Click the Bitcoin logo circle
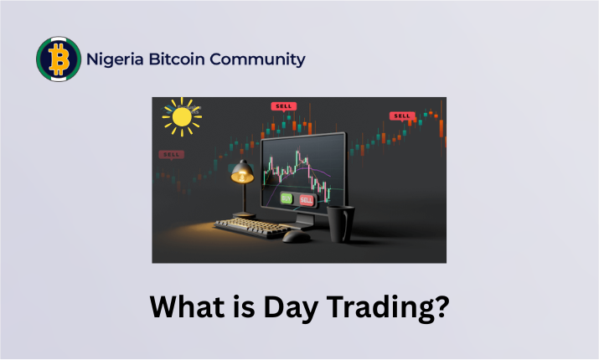[x=59, y=59]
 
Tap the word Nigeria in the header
[x=115, y=59]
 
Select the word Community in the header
[x=257, y=59]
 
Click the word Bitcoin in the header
[x=177, y=59]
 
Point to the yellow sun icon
[x=182, y=117]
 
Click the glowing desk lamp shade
[x=242, y=172]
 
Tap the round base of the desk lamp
[x=244, y=215]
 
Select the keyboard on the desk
[x=252, y=228]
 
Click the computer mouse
[x=296, y=237]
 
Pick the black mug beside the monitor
[x=340, y=224]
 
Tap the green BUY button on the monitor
[x=287, y=198]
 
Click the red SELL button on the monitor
[x=307, y=199]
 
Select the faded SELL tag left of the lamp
[x=172, y=155]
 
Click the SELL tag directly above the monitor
[x=284, y=106]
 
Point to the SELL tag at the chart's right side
[x=402, y=116]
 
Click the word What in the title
[x=187, y=306]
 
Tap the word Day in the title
[x=291, y=308]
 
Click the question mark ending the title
[x=442, y=306]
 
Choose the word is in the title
[x=244, y=306]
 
